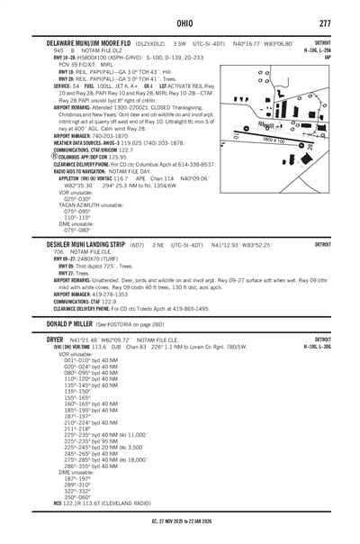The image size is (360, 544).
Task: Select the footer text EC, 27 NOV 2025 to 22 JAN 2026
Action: click(x=179, y=536)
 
